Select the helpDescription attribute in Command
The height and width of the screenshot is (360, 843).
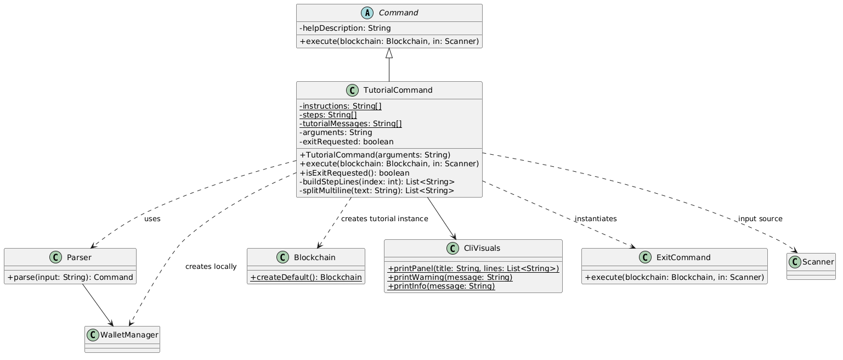pos(345,28)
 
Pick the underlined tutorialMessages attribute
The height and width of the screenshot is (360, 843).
pos(350,123)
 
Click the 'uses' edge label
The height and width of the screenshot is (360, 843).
pos(152,219)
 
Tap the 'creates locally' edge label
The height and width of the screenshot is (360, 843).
pos(211,267)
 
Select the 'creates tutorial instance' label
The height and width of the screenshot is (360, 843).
pos(384,219)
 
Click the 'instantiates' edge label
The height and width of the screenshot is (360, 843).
pos(595,219)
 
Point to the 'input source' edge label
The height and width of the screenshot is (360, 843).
pos(760,219)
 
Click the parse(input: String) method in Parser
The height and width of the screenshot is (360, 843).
pos(70,277)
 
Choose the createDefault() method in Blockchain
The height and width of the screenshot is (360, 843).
pos(305,277)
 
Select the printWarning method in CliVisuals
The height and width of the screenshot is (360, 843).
pos(450,277)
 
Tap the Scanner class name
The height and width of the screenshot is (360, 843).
pos(817,262)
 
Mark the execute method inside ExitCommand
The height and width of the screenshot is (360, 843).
pos(674,277)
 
